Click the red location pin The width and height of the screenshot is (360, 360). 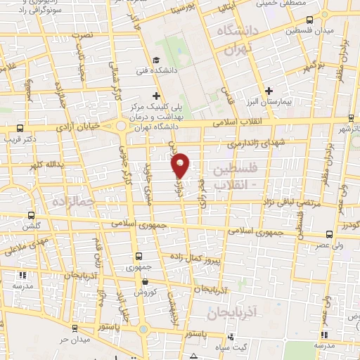[181, 164]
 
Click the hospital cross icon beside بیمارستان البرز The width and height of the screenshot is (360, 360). [270, 91]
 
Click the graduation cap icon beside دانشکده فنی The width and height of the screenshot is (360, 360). [156, 60]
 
